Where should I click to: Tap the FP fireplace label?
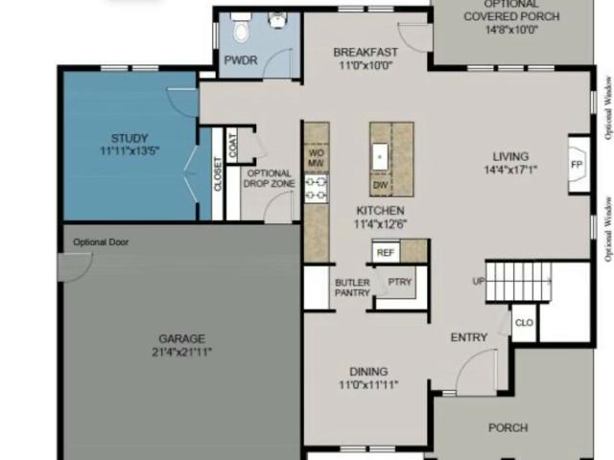[x=577, y=165]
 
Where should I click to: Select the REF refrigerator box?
[x=386, y=253]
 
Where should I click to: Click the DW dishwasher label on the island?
[x=380, y=185]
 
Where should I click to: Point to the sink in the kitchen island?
[x=380, y=156]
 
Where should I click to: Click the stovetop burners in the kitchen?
[x=316, y=189]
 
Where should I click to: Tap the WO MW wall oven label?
[x=316, y=157]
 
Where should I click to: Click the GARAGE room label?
[x=181, y=338]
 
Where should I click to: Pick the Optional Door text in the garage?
[x=101, y=242]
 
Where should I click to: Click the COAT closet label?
[x=232, y=146]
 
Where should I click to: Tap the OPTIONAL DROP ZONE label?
[x=270, y=178]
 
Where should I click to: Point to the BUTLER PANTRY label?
[x=352, y=287]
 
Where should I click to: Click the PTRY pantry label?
[x=400, y=282]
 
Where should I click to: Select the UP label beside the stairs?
[x=479, y=281]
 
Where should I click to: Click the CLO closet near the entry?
[x=524, y=323]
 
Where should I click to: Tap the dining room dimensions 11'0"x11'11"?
[x=368, y=385]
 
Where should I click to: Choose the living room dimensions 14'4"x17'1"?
[x=510, y=170]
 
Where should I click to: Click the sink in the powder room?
[x=277, y=20]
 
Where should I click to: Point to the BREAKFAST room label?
[x=366, y=52]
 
